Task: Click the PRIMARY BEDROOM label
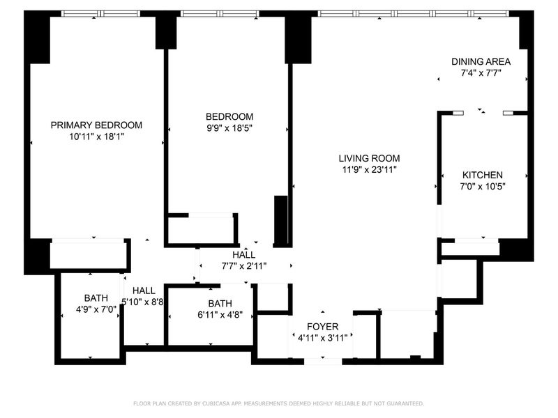pyautogui.click(x=96, y=125)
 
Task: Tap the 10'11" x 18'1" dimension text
pyautogui.click(x=96, y=137)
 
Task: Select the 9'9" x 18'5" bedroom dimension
pyautogui.click(x=229, y=128)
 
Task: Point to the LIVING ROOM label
pyautogui.click(x=369, y=158)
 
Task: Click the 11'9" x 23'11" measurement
pyautogui.click(x=370, y=169)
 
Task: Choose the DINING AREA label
pyautogui.click(x=481, y=61)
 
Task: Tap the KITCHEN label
pyautogui.click(x=483, y=175)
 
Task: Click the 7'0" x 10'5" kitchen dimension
pyautogui.click(x=483, y=186)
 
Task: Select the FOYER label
pyautogui.click(x=323, y=327)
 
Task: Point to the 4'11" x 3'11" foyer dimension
pyautogui.click(x=323, y=338)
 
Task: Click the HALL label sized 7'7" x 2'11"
pyautogui.click(x=243, y=254)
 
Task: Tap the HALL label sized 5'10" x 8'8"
pyautogui.click(x=144, y=291)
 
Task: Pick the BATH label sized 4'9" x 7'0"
pyautogui.click(x=96, y=298)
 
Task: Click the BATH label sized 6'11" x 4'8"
pyautogui.click(x=220, y=304)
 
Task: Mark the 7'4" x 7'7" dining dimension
pyautogui.click(x=481, y=73)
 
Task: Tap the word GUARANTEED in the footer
pyautogui.click(x=405, y=403)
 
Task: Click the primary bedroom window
pyautogui.click(x=100, y=14)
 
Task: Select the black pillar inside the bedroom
pyautogui.click(x=280, y=220)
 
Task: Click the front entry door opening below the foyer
pyautogui.click(x=323, y=362)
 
